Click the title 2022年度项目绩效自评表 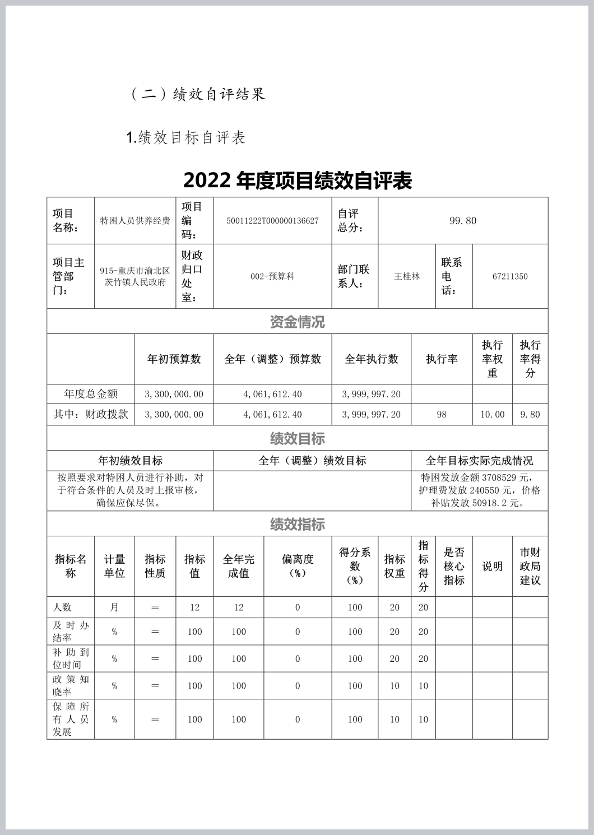(298, 180)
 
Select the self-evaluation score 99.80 (463, 221)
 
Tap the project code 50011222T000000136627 (272, 221)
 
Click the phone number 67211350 (510, 276)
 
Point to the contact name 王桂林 (407, 276)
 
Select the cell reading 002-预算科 (272, 276)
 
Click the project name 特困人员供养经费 (135, 221)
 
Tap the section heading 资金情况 (297, 322)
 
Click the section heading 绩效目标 (297, 438)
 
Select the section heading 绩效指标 (297, 525)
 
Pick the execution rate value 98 (442, 415)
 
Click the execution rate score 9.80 (530, 415)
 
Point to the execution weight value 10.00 (493, 415)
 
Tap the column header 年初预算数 (174, 359)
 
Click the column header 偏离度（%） (298, 566)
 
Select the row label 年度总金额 (91, 394)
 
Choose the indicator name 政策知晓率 (71, 685)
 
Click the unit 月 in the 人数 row (114, 607)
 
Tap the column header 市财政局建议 (530, 566)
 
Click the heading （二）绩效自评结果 (198, 94)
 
